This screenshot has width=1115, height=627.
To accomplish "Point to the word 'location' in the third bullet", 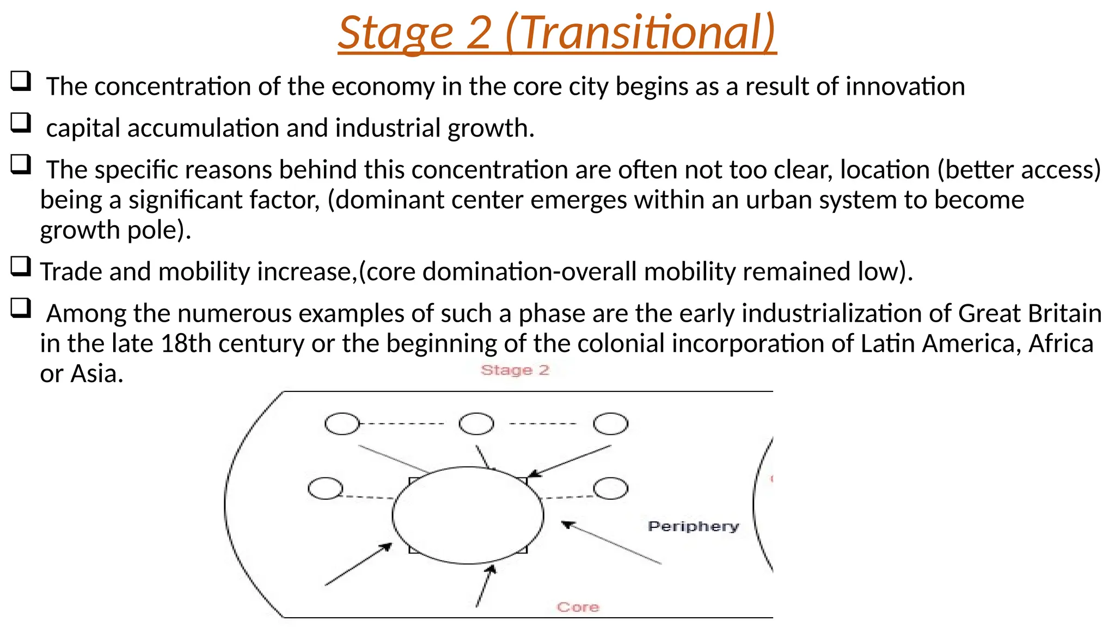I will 885,170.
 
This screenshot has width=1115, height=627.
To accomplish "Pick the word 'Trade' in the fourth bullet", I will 71,272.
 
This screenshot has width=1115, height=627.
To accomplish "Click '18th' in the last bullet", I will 186,344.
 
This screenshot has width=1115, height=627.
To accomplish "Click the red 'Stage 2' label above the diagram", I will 515,370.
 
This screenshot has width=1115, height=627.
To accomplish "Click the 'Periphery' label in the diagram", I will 693,526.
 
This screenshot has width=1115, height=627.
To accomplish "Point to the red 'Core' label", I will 578,607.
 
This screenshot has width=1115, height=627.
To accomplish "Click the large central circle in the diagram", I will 468,515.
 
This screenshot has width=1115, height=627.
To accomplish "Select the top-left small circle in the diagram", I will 342,423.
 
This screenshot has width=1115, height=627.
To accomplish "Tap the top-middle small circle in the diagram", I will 476,423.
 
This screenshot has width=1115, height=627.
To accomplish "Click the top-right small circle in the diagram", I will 610,423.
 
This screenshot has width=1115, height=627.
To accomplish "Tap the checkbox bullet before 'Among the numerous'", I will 21,309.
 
